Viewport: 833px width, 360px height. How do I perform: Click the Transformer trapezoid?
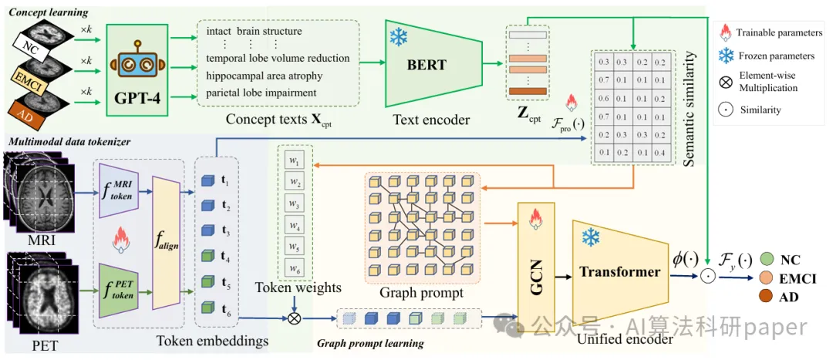coord(620,271)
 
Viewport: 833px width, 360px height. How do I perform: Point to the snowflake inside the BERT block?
coord(399,38)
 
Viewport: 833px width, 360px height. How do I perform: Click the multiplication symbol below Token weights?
coord(294,318)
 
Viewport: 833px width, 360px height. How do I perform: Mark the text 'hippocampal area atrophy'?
coord(265,76)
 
